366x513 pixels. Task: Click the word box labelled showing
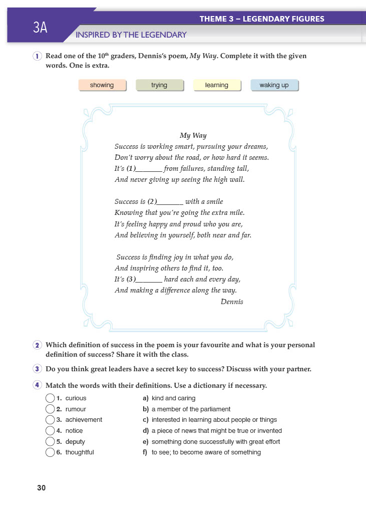tap(102, 85)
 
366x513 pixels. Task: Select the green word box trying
tap(159, 85)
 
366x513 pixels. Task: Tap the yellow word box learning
tap(216, 85)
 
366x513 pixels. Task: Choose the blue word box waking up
tap(274, 85)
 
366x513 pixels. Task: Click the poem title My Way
tap(193, 135)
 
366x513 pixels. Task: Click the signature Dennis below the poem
tap(232, 302)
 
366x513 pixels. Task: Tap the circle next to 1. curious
tap(50, 398)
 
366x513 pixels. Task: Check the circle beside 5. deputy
tap(50, 442)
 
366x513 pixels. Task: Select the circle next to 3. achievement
tap(50, 420)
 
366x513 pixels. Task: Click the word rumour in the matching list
tap(76, 409)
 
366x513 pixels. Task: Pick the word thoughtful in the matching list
tap(80, 452)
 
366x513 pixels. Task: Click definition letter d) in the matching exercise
tap(146, 431)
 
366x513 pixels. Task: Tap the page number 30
tap(41, 488)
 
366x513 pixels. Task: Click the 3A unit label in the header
tap(40, 28)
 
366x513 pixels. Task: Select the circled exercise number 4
tap(38, 385)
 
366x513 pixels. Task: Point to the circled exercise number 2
tap(38, 345)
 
